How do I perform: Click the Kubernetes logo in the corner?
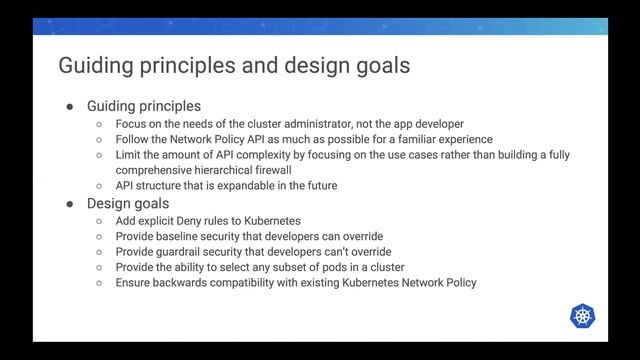(583, 316)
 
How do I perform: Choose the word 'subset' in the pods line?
(295, 267)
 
